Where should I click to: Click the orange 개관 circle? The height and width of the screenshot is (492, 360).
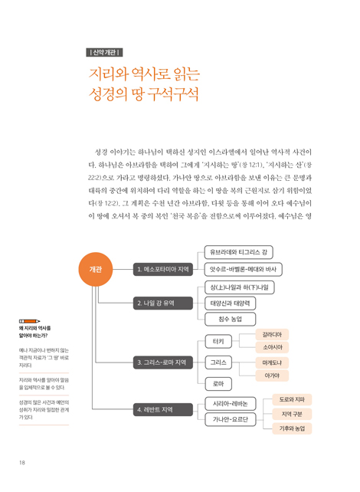(95, 269)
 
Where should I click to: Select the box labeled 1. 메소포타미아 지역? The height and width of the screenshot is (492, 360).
(163, 269)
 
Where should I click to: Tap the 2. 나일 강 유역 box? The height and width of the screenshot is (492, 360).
(163, 303)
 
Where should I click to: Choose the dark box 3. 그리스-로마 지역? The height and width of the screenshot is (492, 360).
(163, 362)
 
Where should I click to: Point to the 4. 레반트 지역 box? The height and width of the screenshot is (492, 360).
(163, 409)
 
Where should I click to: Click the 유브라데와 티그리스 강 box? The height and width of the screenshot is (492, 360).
(239, 252)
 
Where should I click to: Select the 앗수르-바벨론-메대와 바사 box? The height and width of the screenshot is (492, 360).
(244, 269)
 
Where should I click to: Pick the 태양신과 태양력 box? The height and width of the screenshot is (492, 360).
(231, 303)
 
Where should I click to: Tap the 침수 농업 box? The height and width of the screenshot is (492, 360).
(231, 320)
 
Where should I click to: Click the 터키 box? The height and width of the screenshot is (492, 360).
(218, 341)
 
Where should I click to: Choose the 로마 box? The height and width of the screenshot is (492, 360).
(218, 384)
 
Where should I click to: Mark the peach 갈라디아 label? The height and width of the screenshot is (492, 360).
(272, 335)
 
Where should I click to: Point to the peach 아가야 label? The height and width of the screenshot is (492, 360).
(272, 376)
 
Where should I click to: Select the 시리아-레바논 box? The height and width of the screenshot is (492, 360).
(231, 404)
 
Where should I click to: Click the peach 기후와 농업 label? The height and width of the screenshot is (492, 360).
(292, 428)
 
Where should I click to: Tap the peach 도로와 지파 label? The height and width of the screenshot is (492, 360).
(292, 399)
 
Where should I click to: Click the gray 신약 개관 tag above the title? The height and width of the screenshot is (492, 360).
(104, 52)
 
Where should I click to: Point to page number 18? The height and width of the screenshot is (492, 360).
(22, 463)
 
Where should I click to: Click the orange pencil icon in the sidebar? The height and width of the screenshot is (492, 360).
(29, 321)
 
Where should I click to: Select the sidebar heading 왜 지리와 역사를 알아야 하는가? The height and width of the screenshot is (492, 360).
(34, 332)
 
